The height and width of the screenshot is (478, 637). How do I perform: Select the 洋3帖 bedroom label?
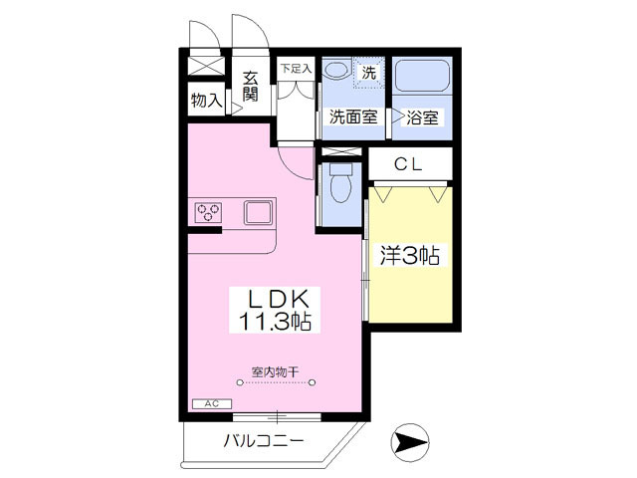pyautogui.click(x=409, y=256)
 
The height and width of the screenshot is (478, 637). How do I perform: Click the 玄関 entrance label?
pyautogui.click(x=250, y=87)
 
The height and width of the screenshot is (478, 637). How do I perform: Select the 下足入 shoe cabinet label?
pyautogui.click(x=295, y=69)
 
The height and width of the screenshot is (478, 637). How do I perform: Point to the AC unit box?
pyautogui.click(x=211, y=404)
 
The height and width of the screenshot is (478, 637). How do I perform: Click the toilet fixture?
pyautogui.click(x=339, y=185)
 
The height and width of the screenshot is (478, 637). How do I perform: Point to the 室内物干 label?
pyautogui.click(x=275, y=371)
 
